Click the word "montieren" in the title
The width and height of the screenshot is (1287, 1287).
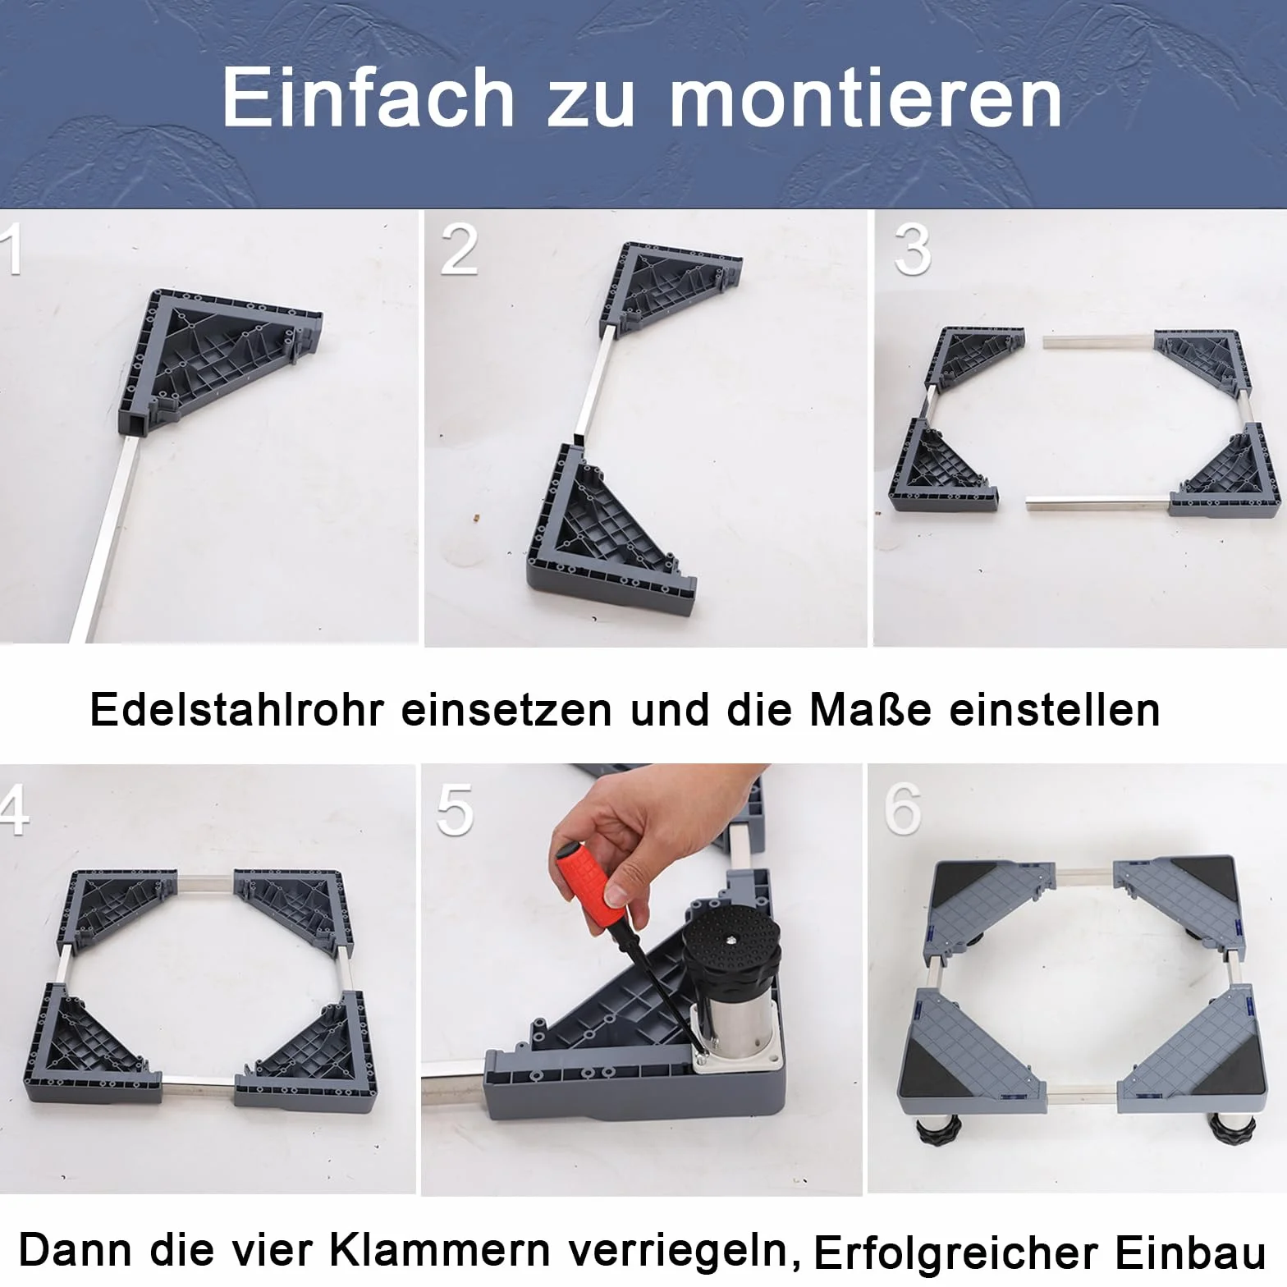866,98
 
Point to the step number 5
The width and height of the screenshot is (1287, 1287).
456,809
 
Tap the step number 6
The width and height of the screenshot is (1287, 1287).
903,809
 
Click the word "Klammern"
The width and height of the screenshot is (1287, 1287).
440,1250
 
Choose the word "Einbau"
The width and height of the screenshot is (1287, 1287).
1190,1253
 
